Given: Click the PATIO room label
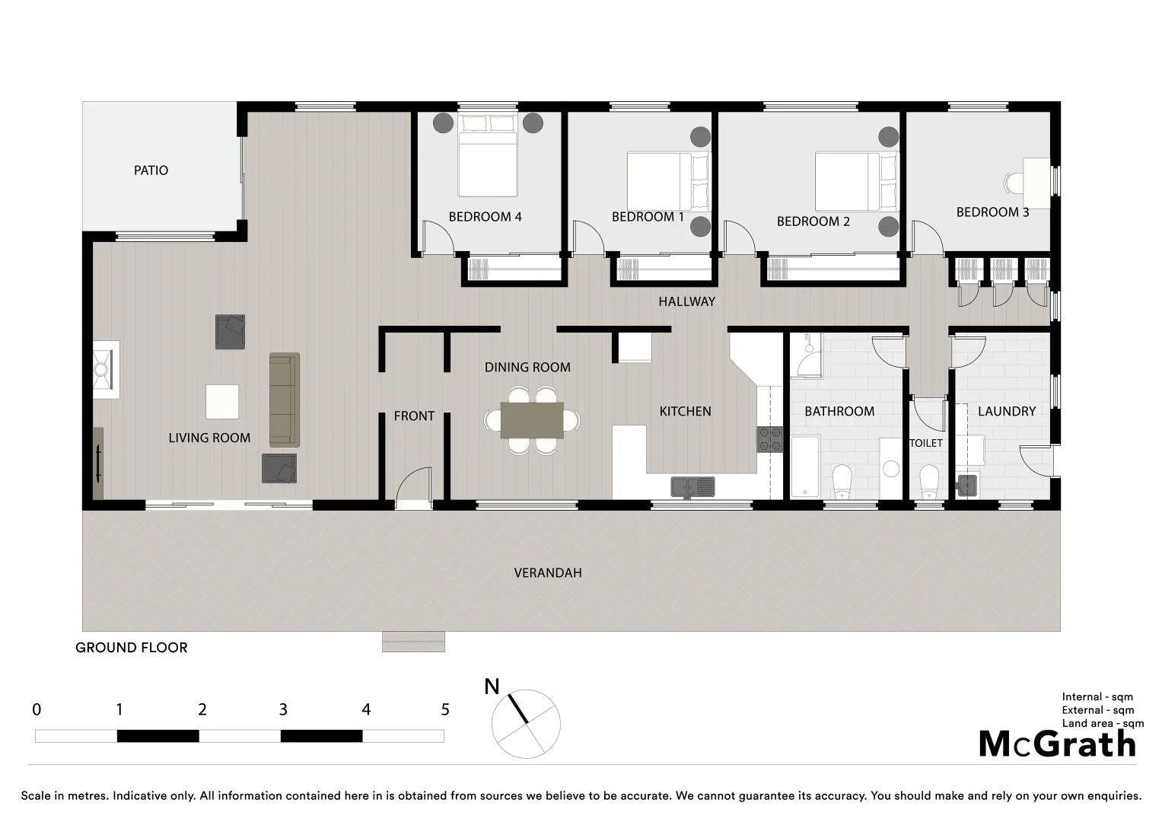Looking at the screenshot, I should [x=151, y=170].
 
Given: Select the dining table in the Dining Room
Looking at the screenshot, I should [x=532, y=420].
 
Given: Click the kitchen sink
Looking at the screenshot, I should [x=692, y=486].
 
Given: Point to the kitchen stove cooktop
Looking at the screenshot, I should [x=769, y=440].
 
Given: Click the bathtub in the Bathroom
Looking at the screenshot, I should [x=805, y=466].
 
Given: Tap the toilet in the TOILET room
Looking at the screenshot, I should [x=929, y=480].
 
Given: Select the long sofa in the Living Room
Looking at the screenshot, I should [x=285, y=400].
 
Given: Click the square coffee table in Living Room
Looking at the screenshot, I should [x=222, y=401].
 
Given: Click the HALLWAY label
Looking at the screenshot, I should [x=686, y=301].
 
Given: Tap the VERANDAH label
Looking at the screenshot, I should [x=547, y=572].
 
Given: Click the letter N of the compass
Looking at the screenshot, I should [x=492, y=687].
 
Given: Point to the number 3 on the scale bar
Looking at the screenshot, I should [x=283, y=710].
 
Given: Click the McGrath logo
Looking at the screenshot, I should [x=1057, y=744].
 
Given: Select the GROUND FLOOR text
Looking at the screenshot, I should [x=131, y=648].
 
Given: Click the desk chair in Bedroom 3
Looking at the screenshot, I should [x=1013, y=183].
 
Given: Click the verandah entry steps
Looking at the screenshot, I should [x=413, y=642].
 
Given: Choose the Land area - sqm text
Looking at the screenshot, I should [x=1103, y=724].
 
